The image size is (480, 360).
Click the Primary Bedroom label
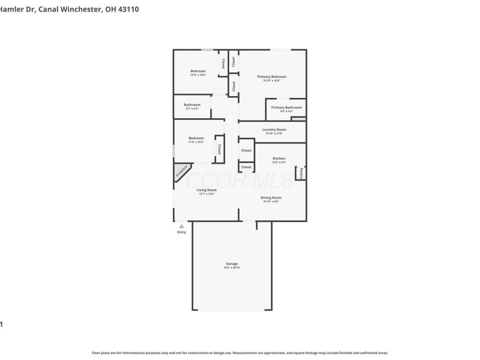(271, 77)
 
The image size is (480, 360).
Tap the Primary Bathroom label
(286, 107)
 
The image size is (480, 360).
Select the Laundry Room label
(274, 130)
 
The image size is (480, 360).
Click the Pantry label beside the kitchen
(301, 172)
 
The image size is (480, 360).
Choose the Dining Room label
(271, 197)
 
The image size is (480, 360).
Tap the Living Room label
(206, 190)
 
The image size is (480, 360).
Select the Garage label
(232, 264)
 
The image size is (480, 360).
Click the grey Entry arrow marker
(181, 226)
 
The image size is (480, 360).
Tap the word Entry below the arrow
(181, 232)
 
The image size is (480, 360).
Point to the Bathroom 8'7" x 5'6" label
(192, 105)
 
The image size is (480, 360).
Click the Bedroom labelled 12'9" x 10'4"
(198, 71)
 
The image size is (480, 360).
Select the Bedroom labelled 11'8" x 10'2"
(196, 138)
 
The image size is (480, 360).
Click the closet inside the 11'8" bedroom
(219, 149)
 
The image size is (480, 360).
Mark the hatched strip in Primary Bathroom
(298, 119)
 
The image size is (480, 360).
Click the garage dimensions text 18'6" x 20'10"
(232, 268)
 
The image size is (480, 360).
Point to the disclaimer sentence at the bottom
(240, 353)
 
